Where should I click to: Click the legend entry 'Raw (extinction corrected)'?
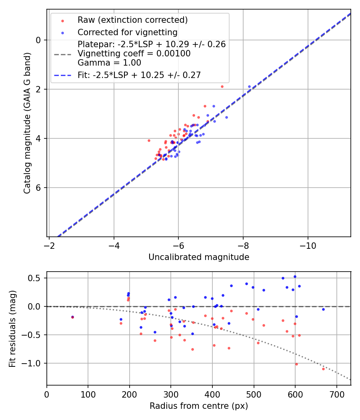[x=132, y=20]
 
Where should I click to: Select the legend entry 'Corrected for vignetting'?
[x=128, y=32]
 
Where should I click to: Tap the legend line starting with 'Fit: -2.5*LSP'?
[x=139, y=75]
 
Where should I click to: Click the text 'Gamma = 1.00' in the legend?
[x=109, y=62]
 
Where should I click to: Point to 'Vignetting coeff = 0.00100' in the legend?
[x=134, y=54]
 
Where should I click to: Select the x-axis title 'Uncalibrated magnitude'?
[x=199, y=257]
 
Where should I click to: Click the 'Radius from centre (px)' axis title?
[x=199, y=406]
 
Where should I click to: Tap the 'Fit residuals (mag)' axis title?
[x=12, y=328]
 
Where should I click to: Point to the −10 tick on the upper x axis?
[x=308, y=244]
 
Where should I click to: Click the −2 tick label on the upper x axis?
[x=49, y=244]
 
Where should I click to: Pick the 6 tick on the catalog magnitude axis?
[x=39, y=188]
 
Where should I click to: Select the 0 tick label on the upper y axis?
[x=39, y=40]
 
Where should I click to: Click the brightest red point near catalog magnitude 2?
[x=222, y=86]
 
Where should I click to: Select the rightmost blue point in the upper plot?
[x=249, y=86]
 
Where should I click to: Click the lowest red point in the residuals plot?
[x=323, y=369]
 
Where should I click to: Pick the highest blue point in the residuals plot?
[x=295, y=276]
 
